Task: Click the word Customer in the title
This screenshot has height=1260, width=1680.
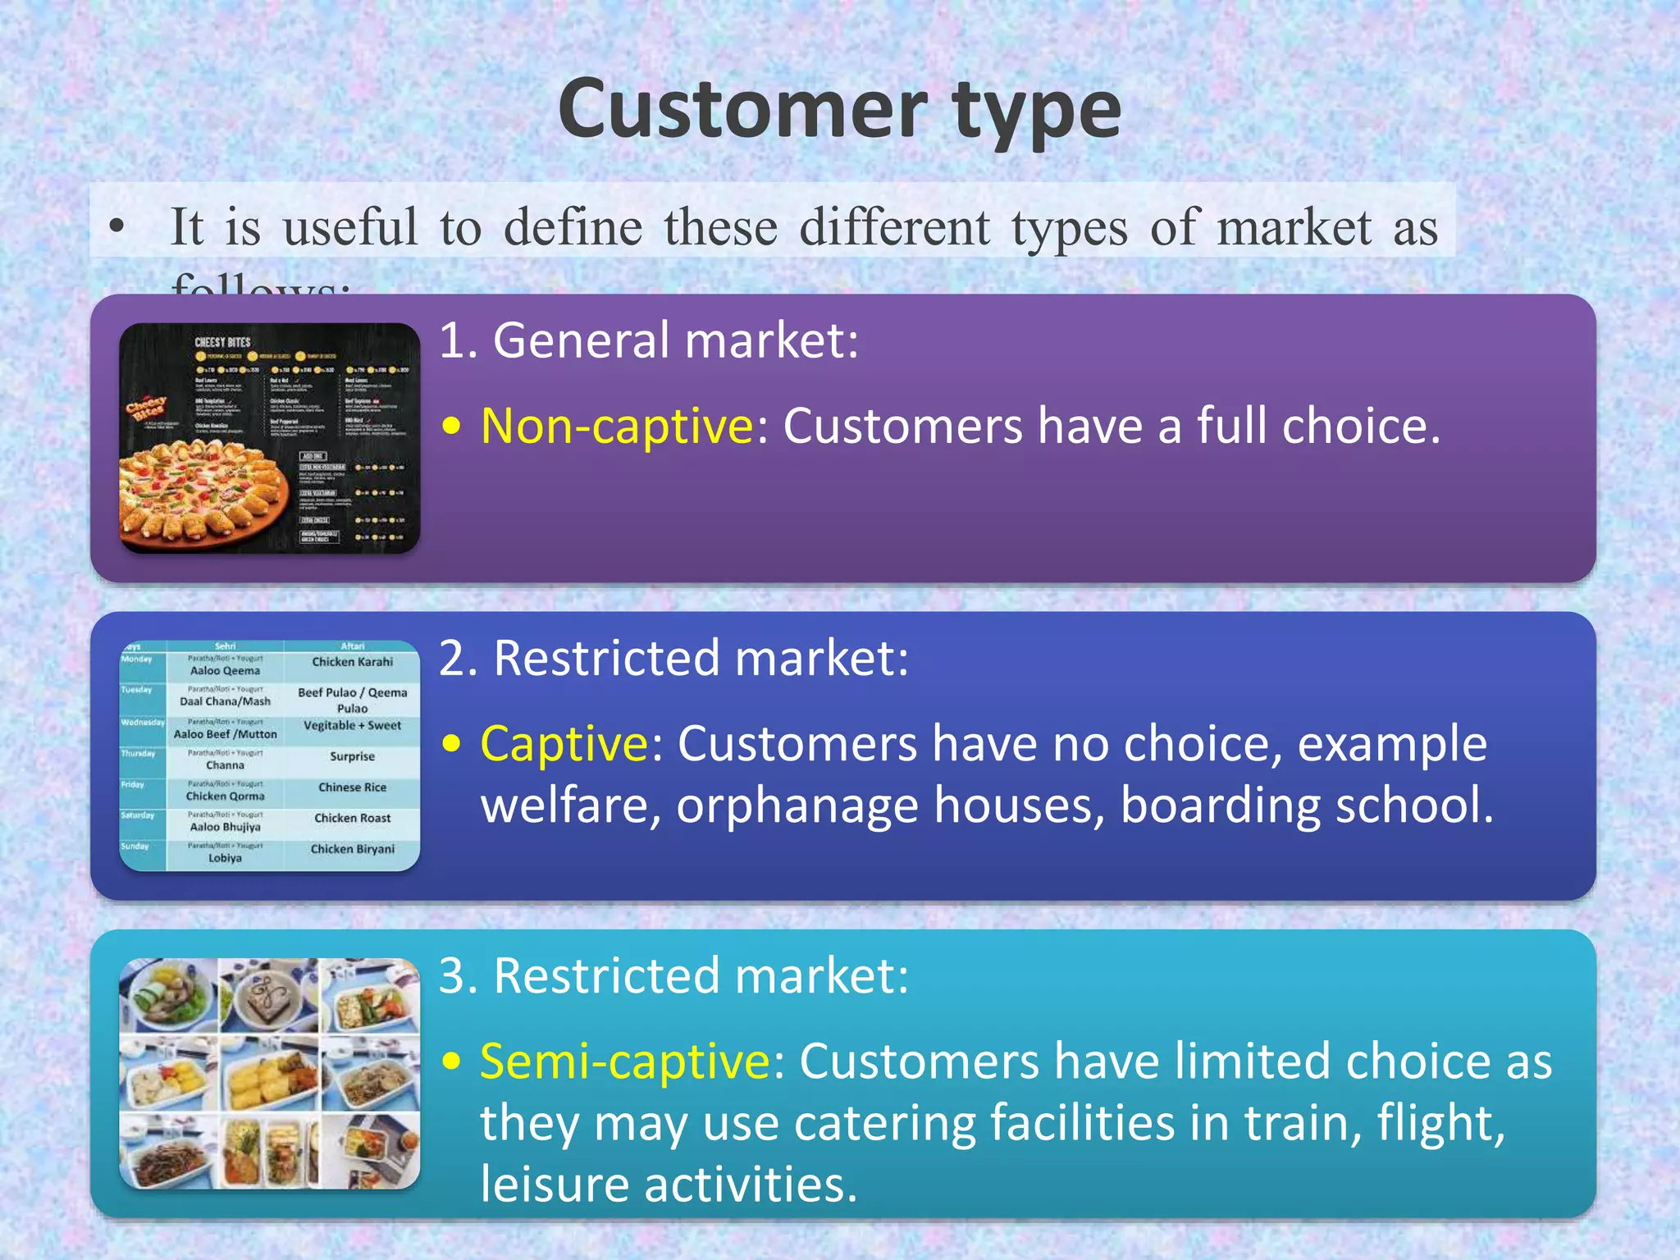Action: tap(742, 109)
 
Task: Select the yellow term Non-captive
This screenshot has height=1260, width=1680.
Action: tap(617, 426)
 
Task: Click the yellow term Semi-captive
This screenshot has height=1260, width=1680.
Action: tap(624, 1061)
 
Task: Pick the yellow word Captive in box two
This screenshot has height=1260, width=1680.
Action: tap(564, 744)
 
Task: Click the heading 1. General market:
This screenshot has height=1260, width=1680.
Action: tap(648, 340)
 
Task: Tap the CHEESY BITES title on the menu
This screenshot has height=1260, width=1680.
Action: tap(222, 342)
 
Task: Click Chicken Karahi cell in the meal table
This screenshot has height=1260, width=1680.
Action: tap(352, 662)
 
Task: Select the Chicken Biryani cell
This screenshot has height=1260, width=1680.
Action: tap(352, 849)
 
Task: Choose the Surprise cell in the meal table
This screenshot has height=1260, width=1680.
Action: tap(352, 756)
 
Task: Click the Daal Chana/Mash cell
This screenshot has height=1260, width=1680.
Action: tap(225, 701)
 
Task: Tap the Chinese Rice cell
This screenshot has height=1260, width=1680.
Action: tap(352, 787)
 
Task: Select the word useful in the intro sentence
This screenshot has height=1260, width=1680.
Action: tap(350, 227)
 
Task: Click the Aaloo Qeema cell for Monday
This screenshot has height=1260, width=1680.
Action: tap(225, 670)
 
